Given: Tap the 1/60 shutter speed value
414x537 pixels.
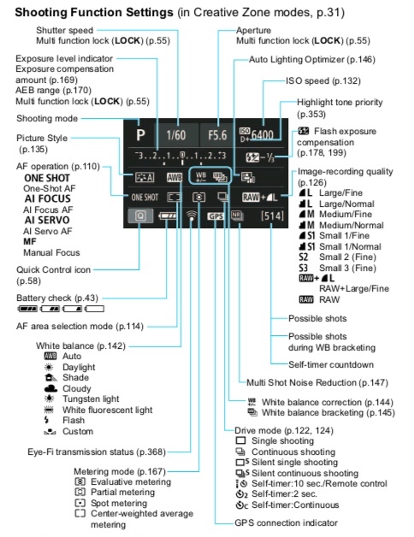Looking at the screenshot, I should (x=176, y=134).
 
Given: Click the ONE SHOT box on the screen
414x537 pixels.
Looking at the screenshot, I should (x=145, y=196).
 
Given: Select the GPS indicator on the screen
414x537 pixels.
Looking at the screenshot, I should (x=216, y=216).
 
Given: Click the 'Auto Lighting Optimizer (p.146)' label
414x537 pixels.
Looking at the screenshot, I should (x=311, y=60).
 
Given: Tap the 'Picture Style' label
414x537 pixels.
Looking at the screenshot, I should (x=42, y=138).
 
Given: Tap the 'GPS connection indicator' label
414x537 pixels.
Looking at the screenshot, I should (x=287, y=522).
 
